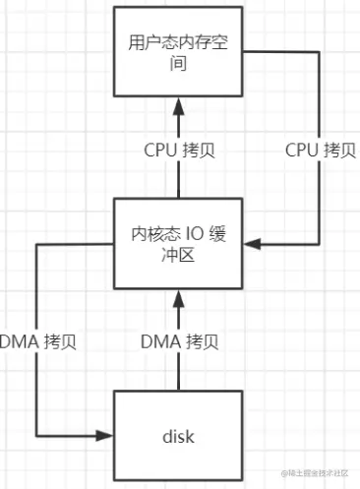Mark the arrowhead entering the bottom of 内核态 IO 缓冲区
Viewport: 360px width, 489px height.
[178, 292]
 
